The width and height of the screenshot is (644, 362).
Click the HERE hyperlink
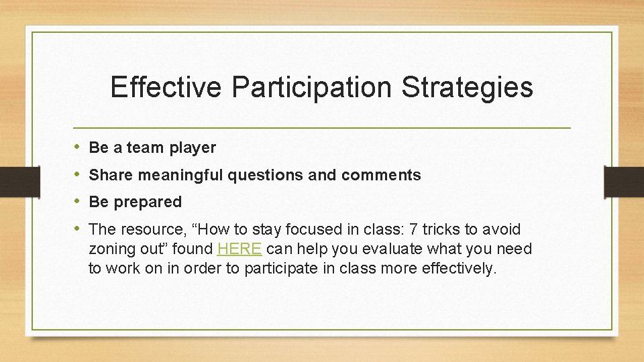pyautogui.click(x=239, y=249)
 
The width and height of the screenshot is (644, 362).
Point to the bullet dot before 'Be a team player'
pyautogui.click(x=77, y=147)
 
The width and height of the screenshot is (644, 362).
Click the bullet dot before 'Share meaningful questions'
pyautogui.click(x=77, y=175)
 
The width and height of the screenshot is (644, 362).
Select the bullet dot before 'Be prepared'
pyautogui.click(x=77, y=202)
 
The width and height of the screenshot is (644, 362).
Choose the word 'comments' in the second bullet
pyautogui.click(x=381, y=176)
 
